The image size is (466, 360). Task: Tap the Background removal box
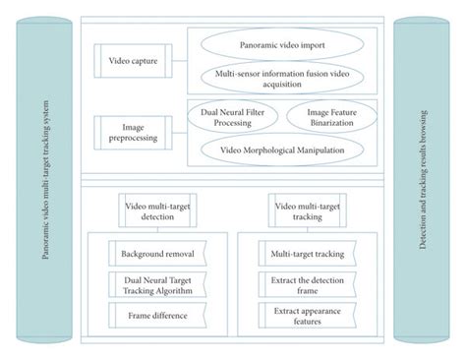(x=157, y=255)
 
